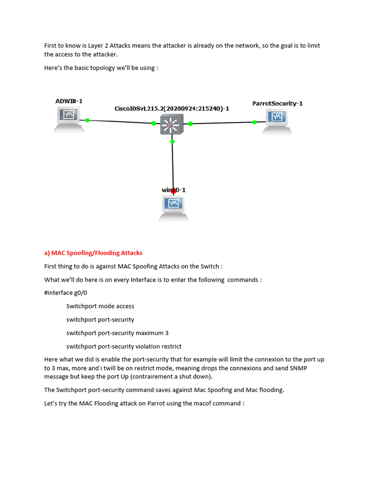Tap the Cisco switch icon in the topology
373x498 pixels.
tap(171, 124)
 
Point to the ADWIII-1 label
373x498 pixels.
tap(69, 101)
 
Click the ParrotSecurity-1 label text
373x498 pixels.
tap(277, 104)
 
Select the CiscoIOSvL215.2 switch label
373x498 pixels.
tap(171, 108)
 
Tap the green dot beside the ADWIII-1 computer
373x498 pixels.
tap(87, 120)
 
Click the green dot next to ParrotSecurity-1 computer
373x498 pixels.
tap(255, 122)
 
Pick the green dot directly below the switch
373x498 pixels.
tap(172, 142)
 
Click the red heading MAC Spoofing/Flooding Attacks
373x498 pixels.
tap(93, 253)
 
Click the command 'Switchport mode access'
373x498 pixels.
tap(100, 306)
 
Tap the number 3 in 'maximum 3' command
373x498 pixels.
tap(167, 333)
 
